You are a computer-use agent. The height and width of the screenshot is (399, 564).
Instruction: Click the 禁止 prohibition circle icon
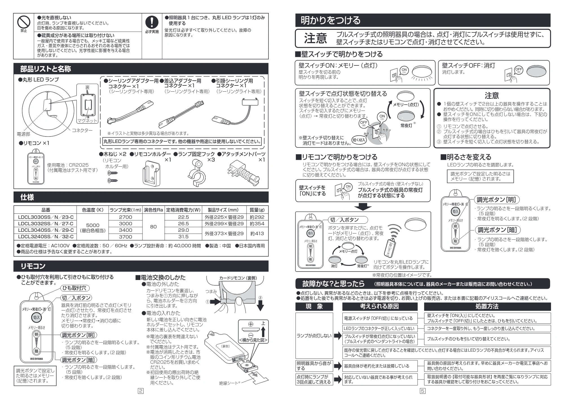click(24, 22)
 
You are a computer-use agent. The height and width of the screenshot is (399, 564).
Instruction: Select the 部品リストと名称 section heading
click(46, 69)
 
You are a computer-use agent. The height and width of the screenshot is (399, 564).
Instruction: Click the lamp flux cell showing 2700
click(125, 217)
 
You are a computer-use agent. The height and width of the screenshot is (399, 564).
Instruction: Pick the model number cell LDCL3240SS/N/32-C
click(46, 237)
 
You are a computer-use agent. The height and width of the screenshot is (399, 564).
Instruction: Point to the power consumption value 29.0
click(183, 230)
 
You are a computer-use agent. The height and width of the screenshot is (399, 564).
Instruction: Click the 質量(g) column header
click(257, 210)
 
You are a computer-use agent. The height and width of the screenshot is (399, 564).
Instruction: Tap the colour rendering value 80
click(153, 227)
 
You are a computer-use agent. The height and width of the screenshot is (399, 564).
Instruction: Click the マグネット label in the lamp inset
click(87, 121)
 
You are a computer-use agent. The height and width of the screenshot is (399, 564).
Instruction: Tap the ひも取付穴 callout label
click(74, 288)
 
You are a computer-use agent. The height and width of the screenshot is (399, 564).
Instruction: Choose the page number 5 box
click(422, 391)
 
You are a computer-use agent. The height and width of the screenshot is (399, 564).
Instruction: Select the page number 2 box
click(140, 391)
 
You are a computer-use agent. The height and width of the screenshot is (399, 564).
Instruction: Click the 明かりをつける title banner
click(423, 20)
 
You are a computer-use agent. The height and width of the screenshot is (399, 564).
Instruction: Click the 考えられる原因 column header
click(380, 307)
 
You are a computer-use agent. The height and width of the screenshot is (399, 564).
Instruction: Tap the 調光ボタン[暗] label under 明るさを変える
click(497, 230)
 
